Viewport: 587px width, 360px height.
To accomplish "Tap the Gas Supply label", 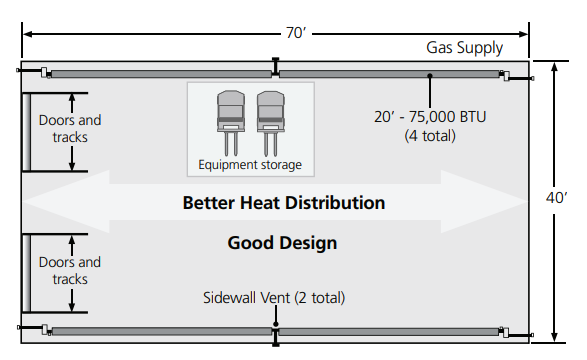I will [x=464, y=48].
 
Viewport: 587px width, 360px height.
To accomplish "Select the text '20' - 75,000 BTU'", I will [x=431, y=117].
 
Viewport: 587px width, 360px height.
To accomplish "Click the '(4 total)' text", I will [x=431, y=135].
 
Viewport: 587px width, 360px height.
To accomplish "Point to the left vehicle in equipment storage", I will [x=231, y=112].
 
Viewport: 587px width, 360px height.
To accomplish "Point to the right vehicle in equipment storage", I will [x=270, y=112].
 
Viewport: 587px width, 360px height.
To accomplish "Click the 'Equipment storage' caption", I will [x=250, y=165].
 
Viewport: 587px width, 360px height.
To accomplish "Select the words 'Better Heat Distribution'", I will [x=283, y=203].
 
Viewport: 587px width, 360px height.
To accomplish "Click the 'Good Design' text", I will [x=282, y=243].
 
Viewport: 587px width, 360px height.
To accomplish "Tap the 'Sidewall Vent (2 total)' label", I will [x=275, y=298].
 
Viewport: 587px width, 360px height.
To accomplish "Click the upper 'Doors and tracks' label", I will [x=69, y=129].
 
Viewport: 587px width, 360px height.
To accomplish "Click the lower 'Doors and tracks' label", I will [x=69, y=271].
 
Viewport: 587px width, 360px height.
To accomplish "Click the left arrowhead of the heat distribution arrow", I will [x=45, y=203].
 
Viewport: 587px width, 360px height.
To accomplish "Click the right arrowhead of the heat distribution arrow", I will [x=505, y=203].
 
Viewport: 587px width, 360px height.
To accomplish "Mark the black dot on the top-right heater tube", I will [x=430, y=75].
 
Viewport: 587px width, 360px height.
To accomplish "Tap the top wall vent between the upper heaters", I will [x=275, y=70].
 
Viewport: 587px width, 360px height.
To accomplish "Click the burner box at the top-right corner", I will [x=504, y=75].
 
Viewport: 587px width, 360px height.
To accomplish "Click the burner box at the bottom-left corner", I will [x=46, y=329].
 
